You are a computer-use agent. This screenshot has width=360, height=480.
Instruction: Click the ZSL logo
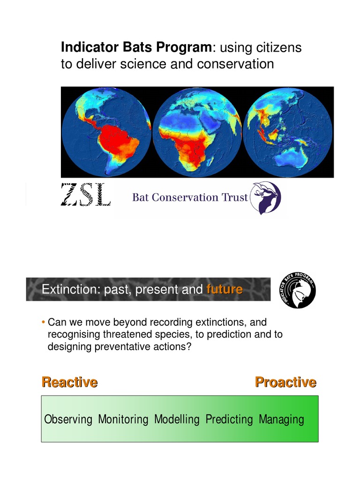pos(86,195)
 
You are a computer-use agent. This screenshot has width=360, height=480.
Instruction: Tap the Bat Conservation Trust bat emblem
pos(265,197)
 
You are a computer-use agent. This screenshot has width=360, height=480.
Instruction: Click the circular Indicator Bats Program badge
pos(297,291)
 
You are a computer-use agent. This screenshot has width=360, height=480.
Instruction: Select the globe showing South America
pos(106,132)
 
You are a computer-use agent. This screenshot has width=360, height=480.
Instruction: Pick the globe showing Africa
pos(197,132)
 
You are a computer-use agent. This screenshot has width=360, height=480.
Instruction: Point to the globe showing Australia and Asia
pos(287,132)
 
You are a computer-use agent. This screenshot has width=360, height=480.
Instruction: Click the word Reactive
pos(69,382)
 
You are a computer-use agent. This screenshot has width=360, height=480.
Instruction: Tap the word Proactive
pos(285,382)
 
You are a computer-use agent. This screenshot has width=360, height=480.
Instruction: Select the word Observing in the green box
pos(68,419)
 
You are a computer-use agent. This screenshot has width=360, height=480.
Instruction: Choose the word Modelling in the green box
pos(177,419)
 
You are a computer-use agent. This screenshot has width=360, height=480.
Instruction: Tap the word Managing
pos(281,419)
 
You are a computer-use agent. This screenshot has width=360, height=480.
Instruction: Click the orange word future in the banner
pos(224,290)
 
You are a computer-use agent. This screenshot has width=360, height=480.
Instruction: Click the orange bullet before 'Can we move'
pos(43,322)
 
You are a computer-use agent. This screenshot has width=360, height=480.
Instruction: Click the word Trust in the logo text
pos(234,197)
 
